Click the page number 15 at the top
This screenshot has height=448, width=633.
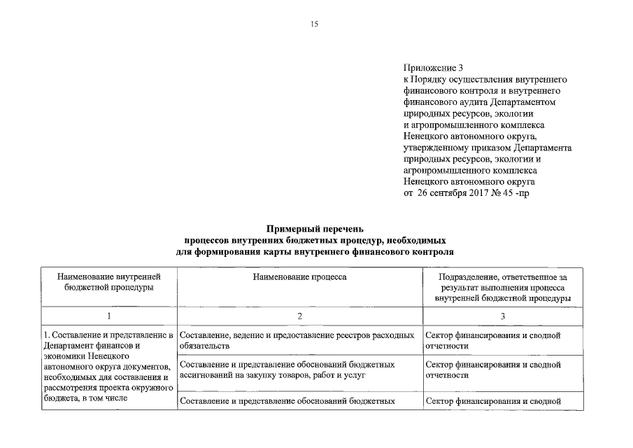tap(314, 24)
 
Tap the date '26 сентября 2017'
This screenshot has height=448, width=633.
tap(448, 192)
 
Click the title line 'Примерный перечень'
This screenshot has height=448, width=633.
tap(315, 229)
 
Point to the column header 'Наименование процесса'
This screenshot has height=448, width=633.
tap(299, 277)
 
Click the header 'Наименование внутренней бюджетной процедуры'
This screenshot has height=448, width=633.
tap(108, 282)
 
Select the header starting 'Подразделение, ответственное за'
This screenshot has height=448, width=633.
tap(503, 288)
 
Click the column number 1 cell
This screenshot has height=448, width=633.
tap(108, 316)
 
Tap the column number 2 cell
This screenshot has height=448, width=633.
tap(299, 316)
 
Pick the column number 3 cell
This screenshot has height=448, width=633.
tap(503, 316)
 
